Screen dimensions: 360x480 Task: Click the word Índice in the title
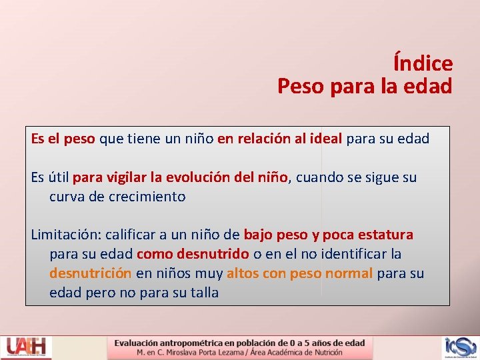point(423,64)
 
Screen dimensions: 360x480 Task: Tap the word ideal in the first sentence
point(323,139)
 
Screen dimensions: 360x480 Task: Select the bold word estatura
point(385,235)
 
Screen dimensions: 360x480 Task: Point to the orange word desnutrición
point(90,273)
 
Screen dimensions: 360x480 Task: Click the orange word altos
point(243,273)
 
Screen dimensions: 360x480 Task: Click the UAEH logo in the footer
point(27,347)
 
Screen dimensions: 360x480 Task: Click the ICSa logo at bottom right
point(460,347)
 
